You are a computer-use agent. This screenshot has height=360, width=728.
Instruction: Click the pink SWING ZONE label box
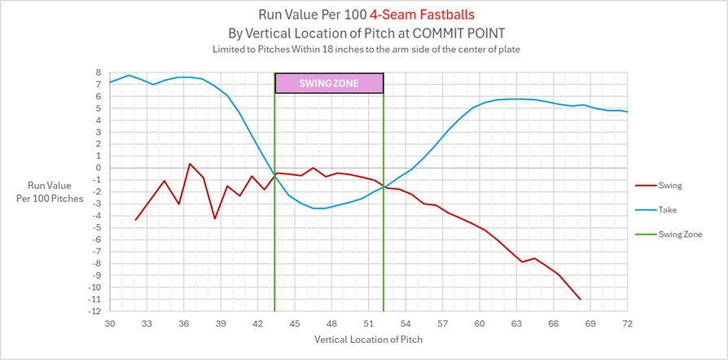pos(329,83)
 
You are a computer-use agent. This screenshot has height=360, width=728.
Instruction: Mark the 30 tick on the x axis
pos(110,323)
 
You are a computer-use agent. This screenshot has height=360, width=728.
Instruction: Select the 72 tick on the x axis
pos(628,323)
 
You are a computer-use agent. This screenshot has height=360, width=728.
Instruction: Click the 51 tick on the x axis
pos(369,323)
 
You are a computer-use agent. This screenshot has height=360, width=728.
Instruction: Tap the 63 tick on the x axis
pos(517,323)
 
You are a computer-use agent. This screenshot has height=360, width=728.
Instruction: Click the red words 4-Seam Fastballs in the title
pos(422,15)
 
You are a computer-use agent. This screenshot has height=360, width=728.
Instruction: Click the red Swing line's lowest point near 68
pos(581,300)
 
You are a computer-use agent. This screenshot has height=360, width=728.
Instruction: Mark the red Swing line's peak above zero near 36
pos(190,164)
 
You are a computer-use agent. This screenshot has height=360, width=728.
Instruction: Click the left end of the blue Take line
pos(110,81)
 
